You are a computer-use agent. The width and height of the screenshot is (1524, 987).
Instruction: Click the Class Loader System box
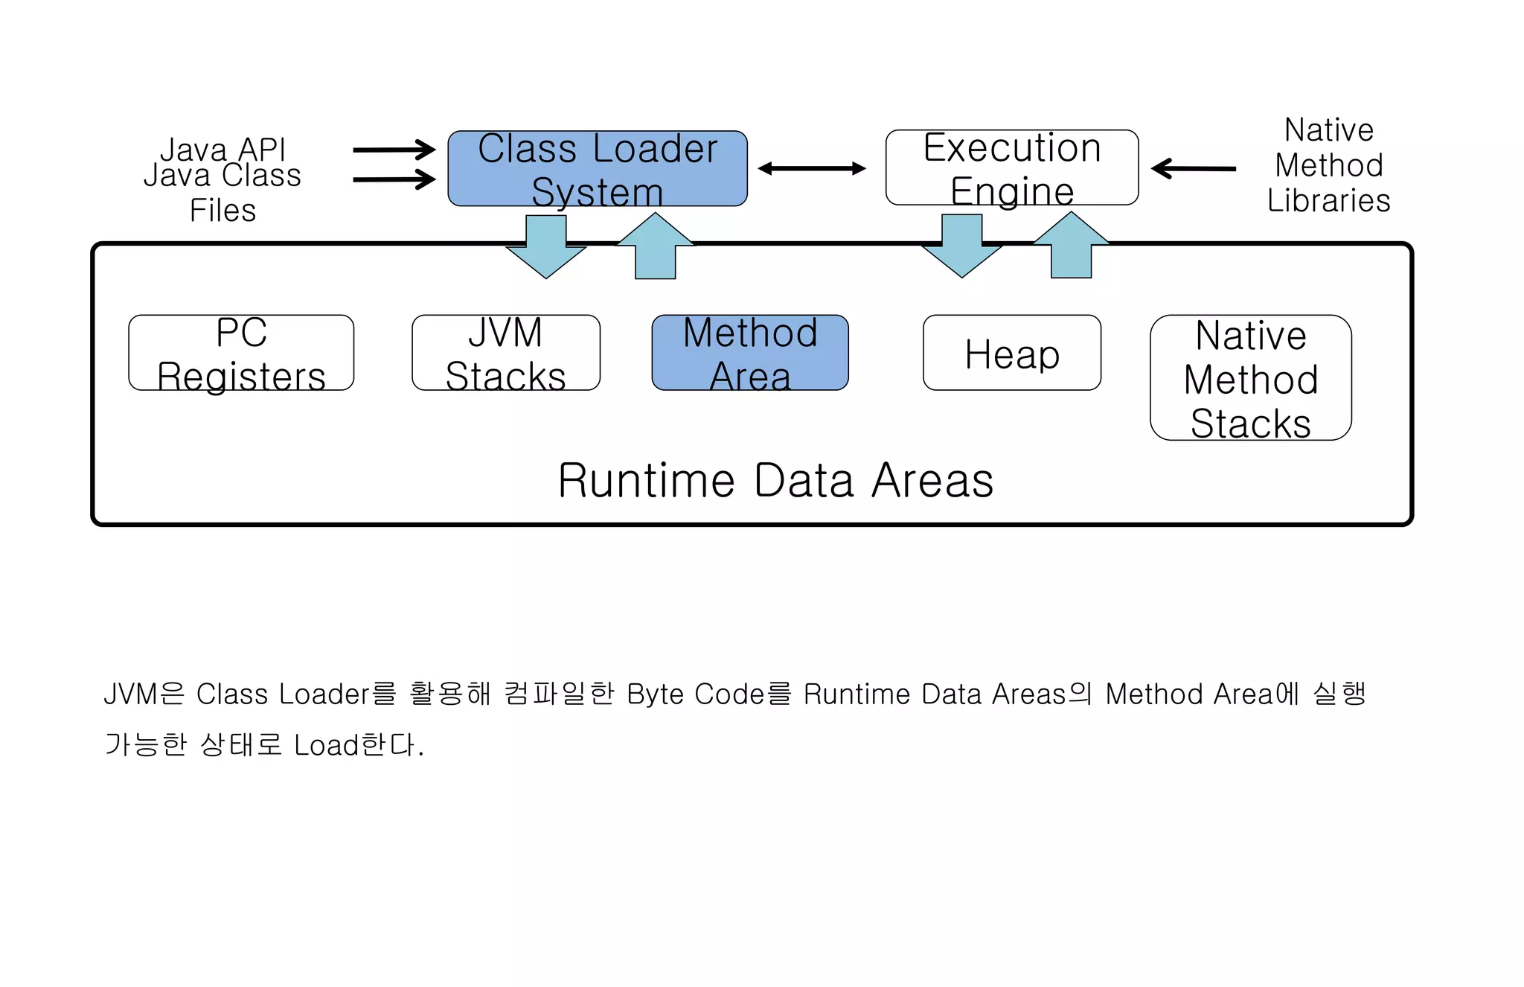coord(597,169)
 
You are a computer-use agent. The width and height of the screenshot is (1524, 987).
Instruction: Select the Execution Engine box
coord(1011,168)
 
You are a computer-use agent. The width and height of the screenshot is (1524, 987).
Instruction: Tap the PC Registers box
coord(241,353)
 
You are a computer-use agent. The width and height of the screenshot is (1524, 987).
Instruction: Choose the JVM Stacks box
coord(505,353)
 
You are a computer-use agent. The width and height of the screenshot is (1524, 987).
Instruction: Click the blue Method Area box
coord(749,353)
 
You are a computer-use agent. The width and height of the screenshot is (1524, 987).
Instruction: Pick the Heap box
coord(1011,353)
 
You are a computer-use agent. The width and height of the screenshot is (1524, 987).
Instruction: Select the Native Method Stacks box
coord(1250,378)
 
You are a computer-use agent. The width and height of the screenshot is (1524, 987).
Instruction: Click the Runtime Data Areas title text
coord(775,480)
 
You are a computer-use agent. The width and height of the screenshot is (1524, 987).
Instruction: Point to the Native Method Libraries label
coord(1328,165)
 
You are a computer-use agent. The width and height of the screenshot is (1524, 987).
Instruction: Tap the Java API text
coord(222,149)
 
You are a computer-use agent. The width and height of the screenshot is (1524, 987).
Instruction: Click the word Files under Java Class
coord(222,211)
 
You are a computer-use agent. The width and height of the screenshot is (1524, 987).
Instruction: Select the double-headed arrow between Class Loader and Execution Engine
coord(812,169)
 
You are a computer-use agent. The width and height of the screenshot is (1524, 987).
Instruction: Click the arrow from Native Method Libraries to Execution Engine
coord(1193,169)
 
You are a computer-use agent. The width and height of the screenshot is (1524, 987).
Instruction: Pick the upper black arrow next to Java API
coord(394,150)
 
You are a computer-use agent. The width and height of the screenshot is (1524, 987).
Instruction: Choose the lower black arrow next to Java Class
coord(394,179)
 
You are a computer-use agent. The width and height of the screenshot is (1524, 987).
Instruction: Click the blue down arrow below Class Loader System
coord(546,249)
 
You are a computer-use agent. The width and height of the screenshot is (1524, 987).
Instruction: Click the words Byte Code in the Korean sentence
coord(695,694)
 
